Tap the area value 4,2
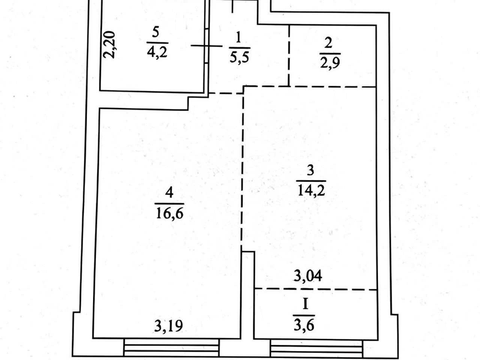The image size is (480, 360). (x=157, y=52)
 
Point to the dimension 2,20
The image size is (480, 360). (x=109, y=45)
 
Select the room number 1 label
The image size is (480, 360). (x=238, y=37)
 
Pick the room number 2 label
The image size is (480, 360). (x=328, y=43)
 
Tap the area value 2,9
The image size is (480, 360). (x=330, y=63)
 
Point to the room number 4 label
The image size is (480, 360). (x=169, y=192)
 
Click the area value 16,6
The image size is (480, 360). (x=170, y=213)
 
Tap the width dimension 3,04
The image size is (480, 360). (x=307, y=276)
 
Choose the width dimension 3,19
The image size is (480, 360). (x=168, y=326)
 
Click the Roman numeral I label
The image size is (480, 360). (x=305, y=304)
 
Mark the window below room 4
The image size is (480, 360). (x=171, y=348)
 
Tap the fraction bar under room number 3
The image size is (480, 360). (x=311, y=181)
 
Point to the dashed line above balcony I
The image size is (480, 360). (x=316, y=289)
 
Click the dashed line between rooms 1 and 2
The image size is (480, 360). (x=289, y=56)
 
